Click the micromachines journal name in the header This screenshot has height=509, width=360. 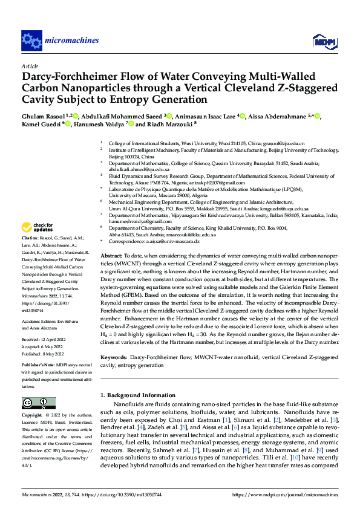pyautogui.click(x=71, y=41)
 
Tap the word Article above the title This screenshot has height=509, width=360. pyautogui.click(x=30, y=66)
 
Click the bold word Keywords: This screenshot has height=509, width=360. pyautogui.click(x=114, y=358)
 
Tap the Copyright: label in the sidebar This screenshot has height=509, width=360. pyautogui.click(x=33, y=417)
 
